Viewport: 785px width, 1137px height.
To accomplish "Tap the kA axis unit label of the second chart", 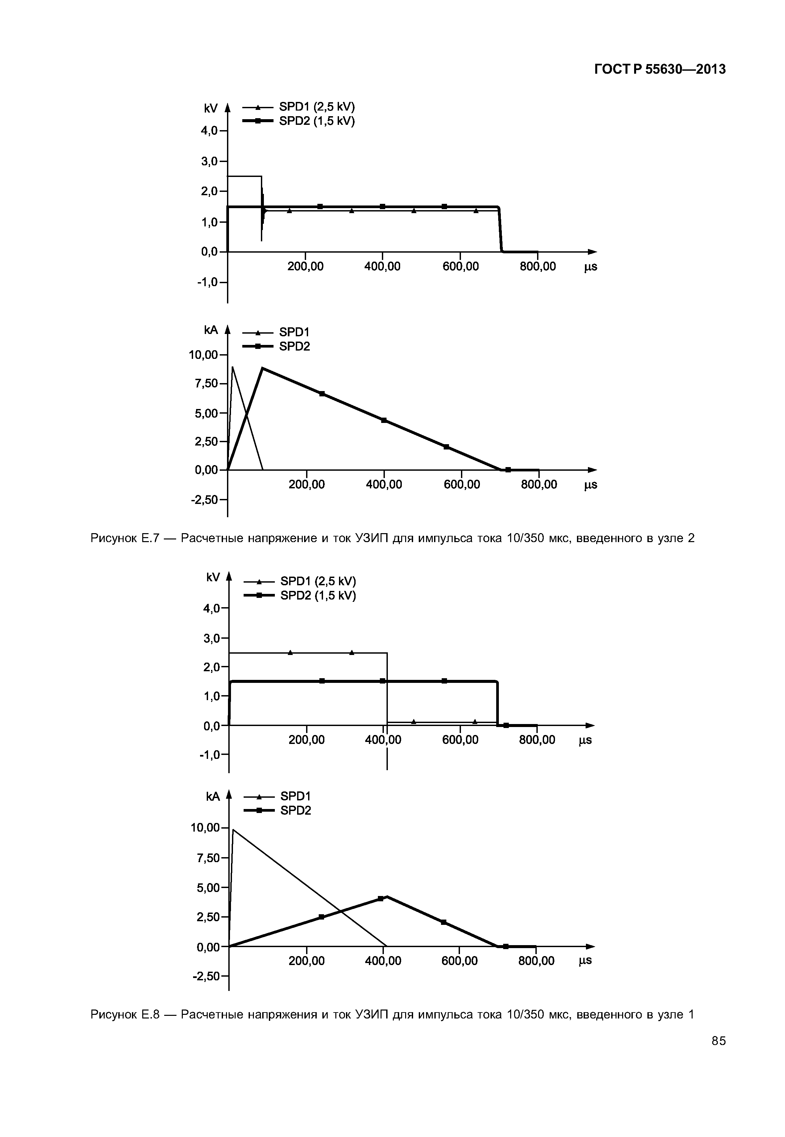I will (x=210, y=330).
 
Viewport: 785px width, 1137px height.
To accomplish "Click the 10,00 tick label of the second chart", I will (x=203, y=354).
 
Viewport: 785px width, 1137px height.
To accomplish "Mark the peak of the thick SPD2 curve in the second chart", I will (x=263, y=368).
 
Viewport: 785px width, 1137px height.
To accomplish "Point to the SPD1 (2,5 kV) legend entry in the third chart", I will (x=318, y=581).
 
